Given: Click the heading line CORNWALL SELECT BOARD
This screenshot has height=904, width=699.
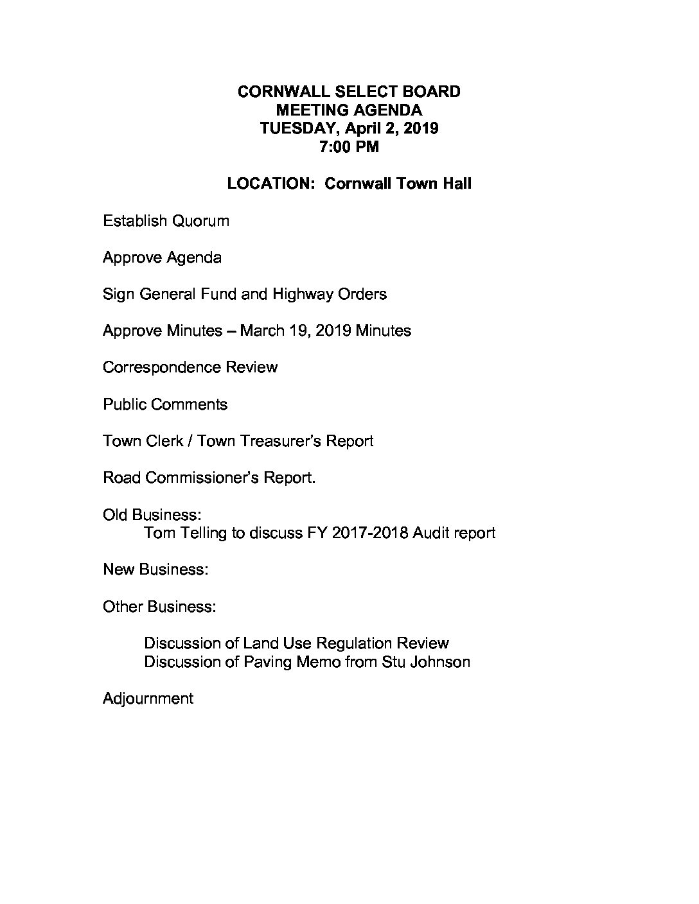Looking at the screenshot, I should coord(349,92).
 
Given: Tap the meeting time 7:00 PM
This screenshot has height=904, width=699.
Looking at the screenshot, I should coord(349,147).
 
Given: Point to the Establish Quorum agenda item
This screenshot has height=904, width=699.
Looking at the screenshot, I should coord(166,221).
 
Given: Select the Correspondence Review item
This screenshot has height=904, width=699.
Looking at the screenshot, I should coord(190,368).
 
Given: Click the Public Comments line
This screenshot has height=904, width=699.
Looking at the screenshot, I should coord(165,404).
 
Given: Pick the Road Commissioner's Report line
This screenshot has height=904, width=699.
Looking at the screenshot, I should coord(209,478).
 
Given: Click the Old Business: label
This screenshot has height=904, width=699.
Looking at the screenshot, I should coord(152,515).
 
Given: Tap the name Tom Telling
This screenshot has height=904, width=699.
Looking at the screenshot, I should coord(186,533).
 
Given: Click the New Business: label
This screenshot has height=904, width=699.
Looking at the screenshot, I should coord(155,569).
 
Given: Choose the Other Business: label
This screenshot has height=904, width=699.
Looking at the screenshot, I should coord(159,607).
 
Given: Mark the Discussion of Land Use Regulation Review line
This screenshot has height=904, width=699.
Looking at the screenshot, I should coord(296,643).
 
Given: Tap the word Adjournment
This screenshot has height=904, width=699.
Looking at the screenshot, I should coord(148,699).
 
